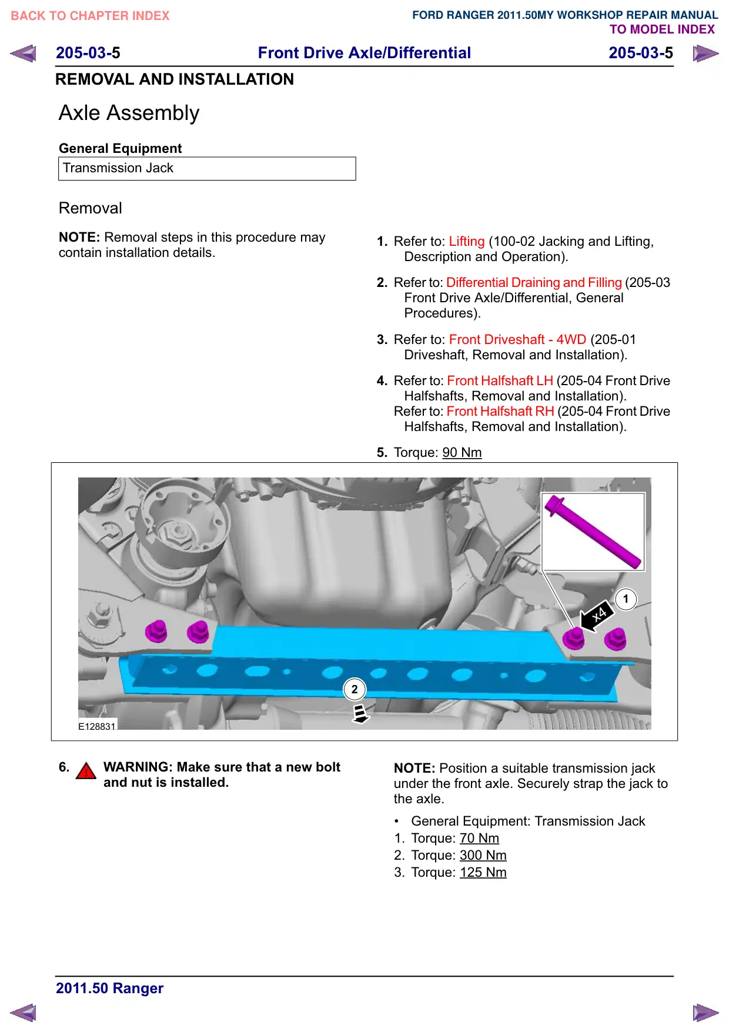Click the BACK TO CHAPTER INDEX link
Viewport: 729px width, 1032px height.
click(90, 16)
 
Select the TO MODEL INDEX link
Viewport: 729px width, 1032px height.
click(662, 29)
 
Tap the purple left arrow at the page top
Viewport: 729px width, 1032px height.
click(23, 54)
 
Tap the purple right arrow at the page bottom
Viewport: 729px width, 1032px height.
click(705, 1013)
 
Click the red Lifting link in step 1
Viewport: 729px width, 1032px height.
click(467, 242)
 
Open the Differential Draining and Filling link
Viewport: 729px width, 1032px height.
click(534, 283)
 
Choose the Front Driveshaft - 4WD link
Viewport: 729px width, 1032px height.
click(517, 340)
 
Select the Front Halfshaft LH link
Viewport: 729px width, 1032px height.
click(500, 381)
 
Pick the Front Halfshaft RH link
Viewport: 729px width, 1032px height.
click(500, 412)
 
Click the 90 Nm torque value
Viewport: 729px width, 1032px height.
click(462, 453)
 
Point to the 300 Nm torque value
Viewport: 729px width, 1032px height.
click(483, 856)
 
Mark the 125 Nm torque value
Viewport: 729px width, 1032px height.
click(483, 873)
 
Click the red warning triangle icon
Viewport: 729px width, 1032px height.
click(86, 771)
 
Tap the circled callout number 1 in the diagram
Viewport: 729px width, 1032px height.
click(626, 599)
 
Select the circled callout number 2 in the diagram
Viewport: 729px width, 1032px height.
click(355, 689)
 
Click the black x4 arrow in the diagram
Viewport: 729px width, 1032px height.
click(596, 617)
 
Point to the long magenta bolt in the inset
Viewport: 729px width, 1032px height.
click(593, 532)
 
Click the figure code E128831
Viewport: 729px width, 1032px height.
click(97, 726)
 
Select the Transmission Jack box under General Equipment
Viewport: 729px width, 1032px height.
click(207, 169)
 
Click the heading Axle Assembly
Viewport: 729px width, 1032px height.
click(129, 113)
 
